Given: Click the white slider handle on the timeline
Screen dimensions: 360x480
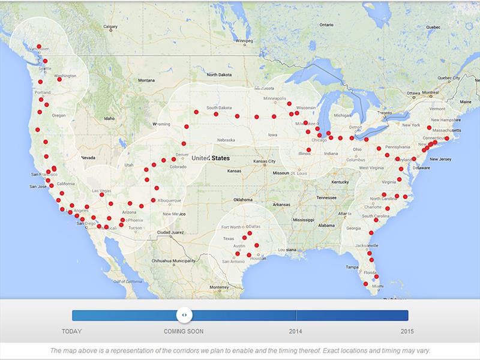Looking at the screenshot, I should pos(185,315).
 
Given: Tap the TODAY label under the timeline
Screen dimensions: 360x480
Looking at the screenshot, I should pos(72,331).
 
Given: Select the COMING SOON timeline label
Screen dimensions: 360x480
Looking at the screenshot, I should pos(184,331).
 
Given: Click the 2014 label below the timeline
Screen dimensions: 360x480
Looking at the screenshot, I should pos(296,331).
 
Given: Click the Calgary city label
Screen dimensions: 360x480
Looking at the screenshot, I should pos(110,26).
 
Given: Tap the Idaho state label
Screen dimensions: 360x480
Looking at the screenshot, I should pos(109,118).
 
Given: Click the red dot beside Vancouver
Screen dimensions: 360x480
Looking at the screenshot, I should pos(39,46).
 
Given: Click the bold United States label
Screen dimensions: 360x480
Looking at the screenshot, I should pos(211,158).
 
